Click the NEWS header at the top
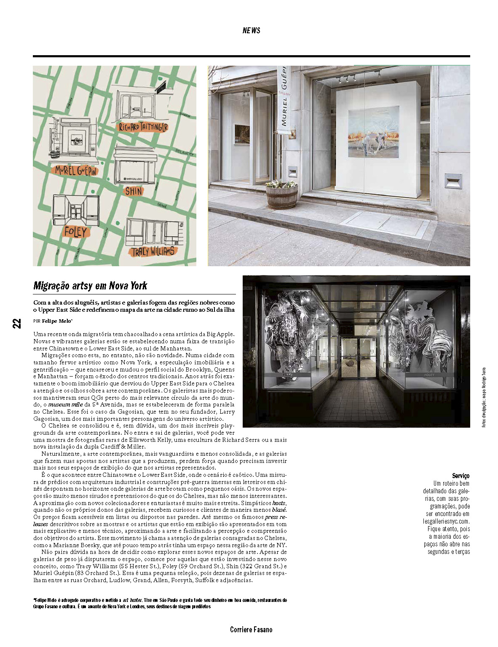tap(252, 30)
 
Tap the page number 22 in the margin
tap(16, 323)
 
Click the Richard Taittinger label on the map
tap(143, 127)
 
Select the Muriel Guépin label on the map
tap(76, 171)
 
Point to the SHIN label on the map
tap(134, 191)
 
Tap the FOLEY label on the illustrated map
tap(75, 232)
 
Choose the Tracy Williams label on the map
tap(153, 251)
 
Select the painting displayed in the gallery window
tap(373, 132)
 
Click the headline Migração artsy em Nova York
tap(91, 286)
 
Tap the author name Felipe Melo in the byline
tap(56, 321)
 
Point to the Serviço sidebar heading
tap(461, 476)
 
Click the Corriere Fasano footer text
tap(251, 630)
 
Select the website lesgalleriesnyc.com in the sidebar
tap(446, 521)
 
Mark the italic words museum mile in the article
tap(65, 404)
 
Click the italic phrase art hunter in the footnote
tap(132, 600)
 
